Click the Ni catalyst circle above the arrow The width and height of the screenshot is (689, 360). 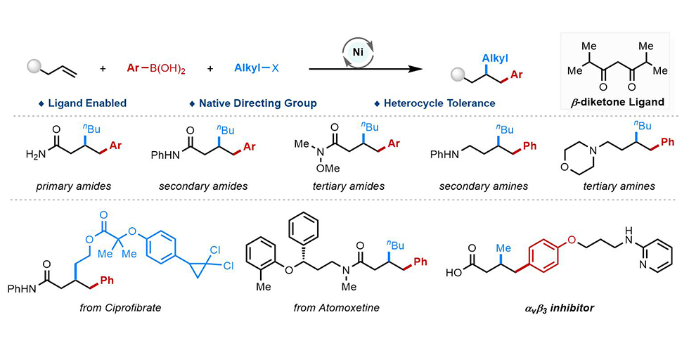point(356,52)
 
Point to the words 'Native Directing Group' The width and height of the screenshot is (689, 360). point(257,103)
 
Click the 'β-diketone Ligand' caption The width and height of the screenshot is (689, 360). point(617,102)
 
